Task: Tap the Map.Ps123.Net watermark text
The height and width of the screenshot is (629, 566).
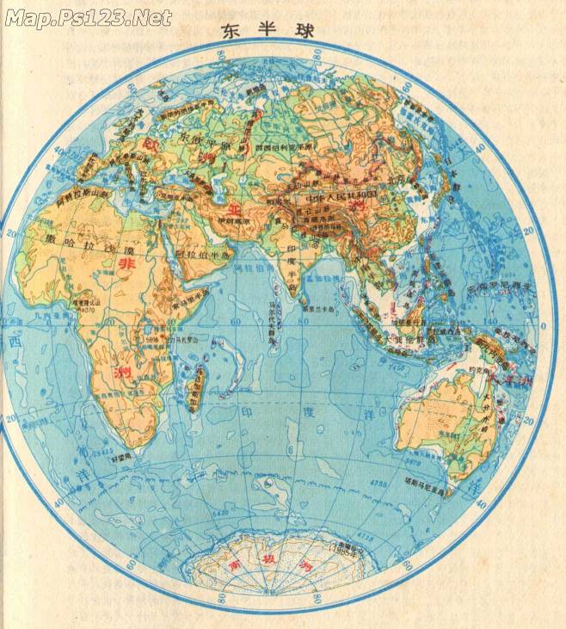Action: tap(88, 17)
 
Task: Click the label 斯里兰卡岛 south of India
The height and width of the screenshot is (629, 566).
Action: tap(316, 311)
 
